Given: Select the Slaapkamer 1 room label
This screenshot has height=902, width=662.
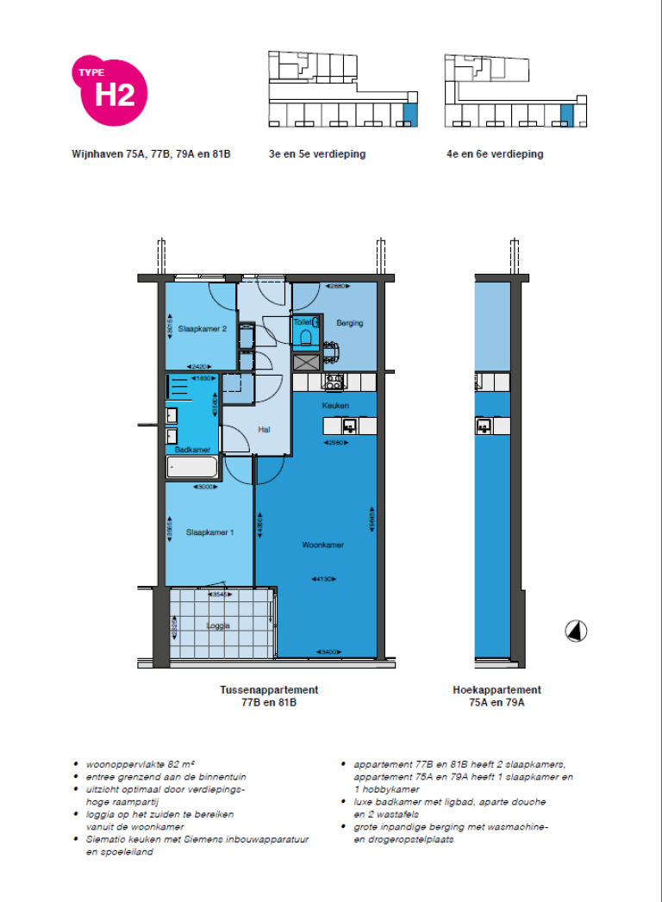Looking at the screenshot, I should point(209,532).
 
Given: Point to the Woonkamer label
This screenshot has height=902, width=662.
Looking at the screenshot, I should point(323,545).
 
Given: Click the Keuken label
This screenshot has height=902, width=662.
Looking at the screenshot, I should point(334,405).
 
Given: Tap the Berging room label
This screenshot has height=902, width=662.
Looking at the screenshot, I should point(350,323).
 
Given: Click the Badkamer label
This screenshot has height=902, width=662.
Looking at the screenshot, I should point(192,450).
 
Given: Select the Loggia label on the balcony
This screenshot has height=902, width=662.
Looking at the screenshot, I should point(219,626).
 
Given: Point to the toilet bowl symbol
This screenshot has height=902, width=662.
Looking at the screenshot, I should point(306,336).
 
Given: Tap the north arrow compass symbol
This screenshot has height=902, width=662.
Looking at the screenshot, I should point(575,631).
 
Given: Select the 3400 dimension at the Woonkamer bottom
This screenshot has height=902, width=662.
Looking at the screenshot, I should point(328,651).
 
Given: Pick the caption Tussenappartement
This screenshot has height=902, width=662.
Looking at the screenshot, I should point(269,690).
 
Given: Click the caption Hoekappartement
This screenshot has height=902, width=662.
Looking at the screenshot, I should point(496,690).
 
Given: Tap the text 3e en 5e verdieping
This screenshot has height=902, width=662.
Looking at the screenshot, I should point(318,154).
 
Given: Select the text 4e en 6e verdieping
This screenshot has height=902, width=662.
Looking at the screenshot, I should point(494,154).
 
